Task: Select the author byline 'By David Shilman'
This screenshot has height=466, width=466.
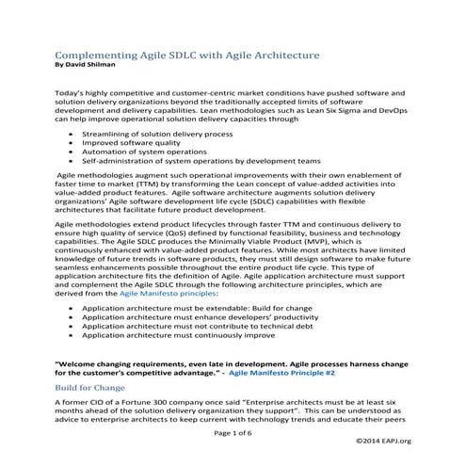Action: pyautogui.click(x=91, y=68)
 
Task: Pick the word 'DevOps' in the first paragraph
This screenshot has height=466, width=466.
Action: pyautogui.click(x=390, y=110)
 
